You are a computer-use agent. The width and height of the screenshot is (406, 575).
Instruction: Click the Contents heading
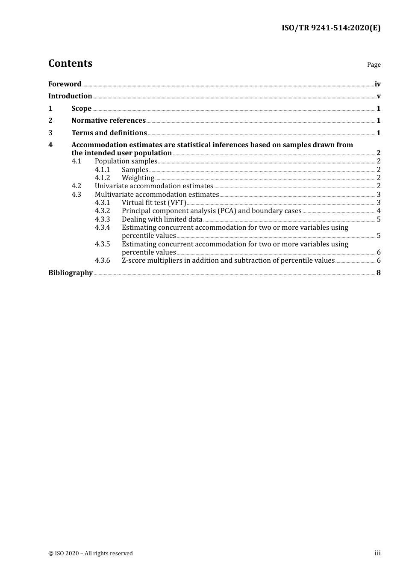pos(70,63)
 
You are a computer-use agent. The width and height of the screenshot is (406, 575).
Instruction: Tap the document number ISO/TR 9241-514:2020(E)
pos(331,28)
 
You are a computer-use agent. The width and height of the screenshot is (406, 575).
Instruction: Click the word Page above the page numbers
pos(374,65)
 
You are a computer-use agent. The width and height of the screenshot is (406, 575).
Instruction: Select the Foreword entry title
pos(65,84)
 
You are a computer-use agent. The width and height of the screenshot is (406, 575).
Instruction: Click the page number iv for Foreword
pos(377,84)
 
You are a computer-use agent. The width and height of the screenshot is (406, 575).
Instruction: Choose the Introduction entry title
pos(70,96)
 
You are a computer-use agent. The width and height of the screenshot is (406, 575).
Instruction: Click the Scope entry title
pos(81,109)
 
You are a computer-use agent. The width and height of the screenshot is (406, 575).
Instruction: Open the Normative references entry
pos(109,121)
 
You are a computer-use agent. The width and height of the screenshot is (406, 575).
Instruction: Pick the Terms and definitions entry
pos(109,133)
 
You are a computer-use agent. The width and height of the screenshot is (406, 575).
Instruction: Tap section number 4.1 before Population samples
pos(76,161)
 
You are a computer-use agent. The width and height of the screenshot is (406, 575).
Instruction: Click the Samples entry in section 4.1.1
pos(135,170)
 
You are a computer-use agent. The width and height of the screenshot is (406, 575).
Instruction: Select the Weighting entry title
pos(138,178)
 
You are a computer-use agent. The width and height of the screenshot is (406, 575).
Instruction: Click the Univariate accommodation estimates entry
pos(154,186)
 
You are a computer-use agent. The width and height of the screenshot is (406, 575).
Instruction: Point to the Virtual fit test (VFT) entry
pos(154,203)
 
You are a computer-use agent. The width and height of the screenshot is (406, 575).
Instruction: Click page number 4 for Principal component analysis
pos(379,211)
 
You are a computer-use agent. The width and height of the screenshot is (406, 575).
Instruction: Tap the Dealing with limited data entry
pos(162,219)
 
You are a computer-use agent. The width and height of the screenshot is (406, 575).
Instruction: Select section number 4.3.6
pos(102,261)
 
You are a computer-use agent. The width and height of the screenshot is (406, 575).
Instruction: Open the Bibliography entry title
pos(71,273)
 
